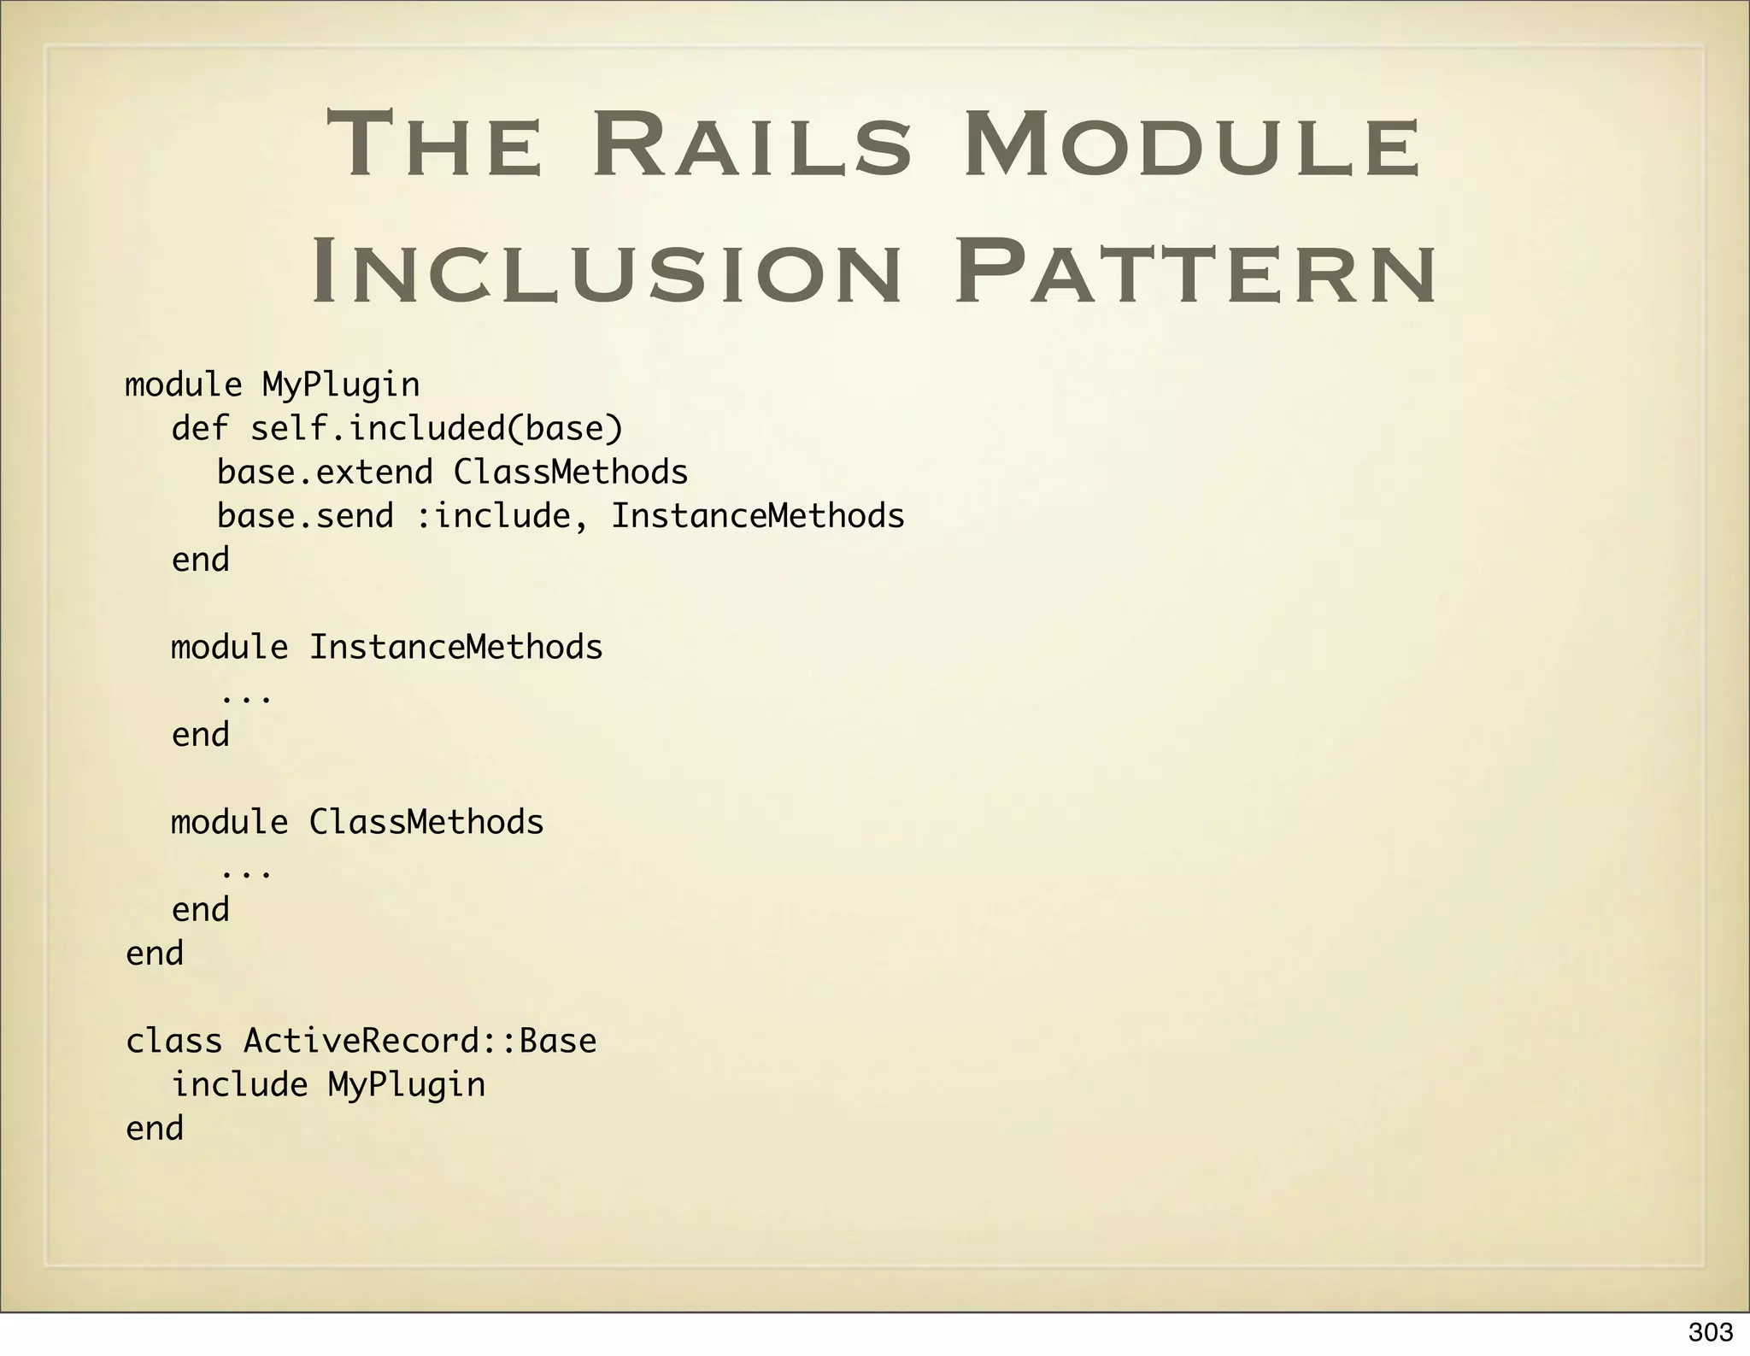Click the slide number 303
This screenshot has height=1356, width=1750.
(1711, 1332)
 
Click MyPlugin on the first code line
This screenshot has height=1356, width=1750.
(341, 385)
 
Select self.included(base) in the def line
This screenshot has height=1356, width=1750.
(437, 429)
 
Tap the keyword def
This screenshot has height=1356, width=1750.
(200, 429)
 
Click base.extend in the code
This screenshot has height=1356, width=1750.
(325, 473)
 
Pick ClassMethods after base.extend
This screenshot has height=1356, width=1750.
(571, 473)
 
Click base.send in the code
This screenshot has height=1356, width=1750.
(305, 516)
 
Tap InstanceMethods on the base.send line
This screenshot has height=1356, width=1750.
(758, 516)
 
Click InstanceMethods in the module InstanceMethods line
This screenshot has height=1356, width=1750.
(455, 648)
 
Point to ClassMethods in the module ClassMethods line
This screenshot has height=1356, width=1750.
(426, 822)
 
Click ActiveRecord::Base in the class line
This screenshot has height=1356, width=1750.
(420, 1041)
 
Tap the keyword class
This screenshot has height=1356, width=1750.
(174, 1041)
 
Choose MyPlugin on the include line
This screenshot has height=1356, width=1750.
(407, 1085)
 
